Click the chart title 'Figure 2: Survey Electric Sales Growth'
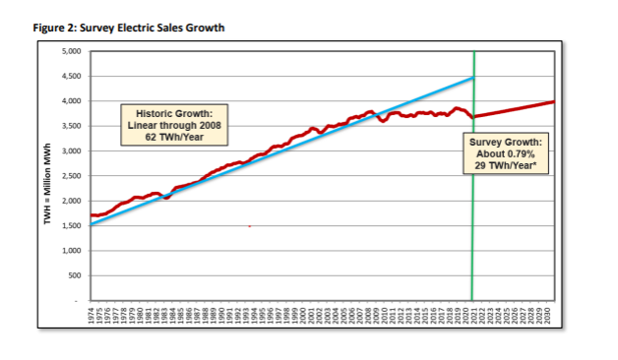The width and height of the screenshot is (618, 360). pos(129,28)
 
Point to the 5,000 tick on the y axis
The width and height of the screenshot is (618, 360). pos(71,51)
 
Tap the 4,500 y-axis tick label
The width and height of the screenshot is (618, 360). pos(71,76)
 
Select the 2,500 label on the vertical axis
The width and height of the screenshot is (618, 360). pos(71,176)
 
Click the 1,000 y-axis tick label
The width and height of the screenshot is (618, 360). pos(71,251)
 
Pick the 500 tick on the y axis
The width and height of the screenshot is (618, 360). pos(75,275)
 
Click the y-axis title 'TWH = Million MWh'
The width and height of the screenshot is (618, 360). pos(47,184)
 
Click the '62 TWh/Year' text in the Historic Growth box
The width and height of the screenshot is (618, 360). pos(174,137)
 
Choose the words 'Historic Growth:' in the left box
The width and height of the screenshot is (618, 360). pos(174,113)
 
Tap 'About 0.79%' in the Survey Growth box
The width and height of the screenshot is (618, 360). pos(506,154)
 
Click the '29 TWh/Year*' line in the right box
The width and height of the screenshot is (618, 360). pos(506,165)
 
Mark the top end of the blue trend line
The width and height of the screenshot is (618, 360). pos(473,78)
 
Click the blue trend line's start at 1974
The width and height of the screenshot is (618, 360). pos(92,224)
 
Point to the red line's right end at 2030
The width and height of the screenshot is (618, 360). pos(554,102)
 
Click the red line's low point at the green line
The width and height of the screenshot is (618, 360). pos(473,117)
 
